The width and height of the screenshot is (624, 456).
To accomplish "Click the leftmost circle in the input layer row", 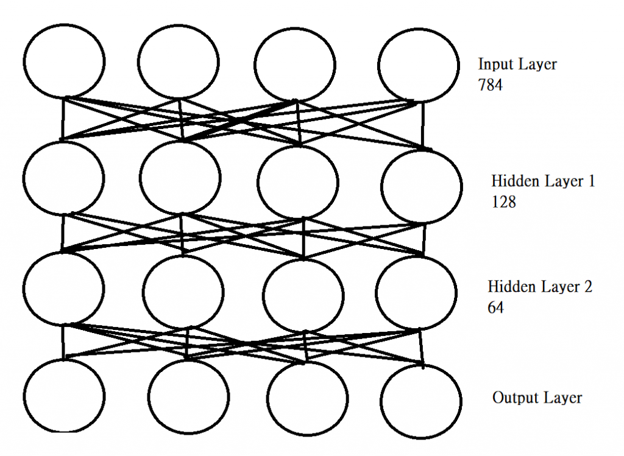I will [x=64, y=61].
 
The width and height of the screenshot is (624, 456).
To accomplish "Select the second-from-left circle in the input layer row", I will [x=178, y=61].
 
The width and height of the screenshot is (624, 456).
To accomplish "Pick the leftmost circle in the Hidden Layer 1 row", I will [x=63, y=177].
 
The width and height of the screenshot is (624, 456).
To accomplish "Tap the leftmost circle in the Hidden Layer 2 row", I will [x=63, y=288].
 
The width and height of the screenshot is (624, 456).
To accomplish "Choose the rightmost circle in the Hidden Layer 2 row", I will [x=416, y=293].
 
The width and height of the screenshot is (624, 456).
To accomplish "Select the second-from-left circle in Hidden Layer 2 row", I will [x=183, y=292].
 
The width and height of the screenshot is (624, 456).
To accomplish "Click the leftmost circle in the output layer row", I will [x=64, y=394].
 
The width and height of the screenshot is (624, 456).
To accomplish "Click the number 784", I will [x=491, y=85].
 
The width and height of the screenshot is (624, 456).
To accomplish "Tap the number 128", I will [x=503, y=202].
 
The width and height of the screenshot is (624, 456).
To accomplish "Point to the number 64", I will [x=495, y=308].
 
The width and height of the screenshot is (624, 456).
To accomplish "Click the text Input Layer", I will [x=517, y=65].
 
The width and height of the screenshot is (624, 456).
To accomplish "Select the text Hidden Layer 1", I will [x=543, y=181].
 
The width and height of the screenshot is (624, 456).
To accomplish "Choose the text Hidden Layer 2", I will [x=540, y=287].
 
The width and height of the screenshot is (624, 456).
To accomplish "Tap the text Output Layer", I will [x=537, y=398].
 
